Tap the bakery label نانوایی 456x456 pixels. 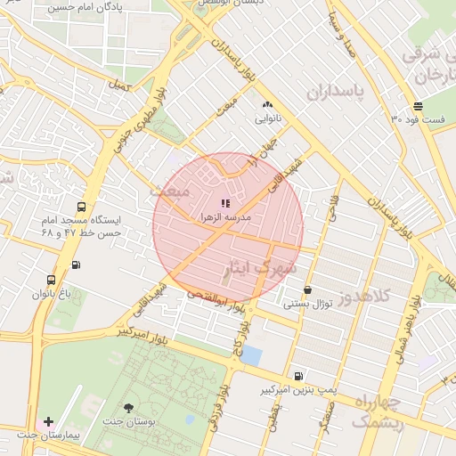pos(267,118)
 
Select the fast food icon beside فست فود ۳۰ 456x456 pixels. pos(418,105)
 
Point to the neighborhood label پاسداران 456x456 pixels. pos(338,92)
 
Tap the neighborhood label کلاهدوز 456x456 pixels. pos(383,297)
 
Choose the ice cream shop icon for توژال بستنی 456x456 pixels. pos(307,290)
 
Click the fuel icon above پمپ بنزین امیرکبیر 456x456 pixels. pos(298,377)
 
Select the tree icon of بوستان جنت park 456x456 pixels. pos(130,407)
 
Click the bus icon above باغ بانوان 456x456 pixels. pos(51,280)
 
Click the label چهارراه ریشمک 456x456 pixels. pos(377,411)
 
